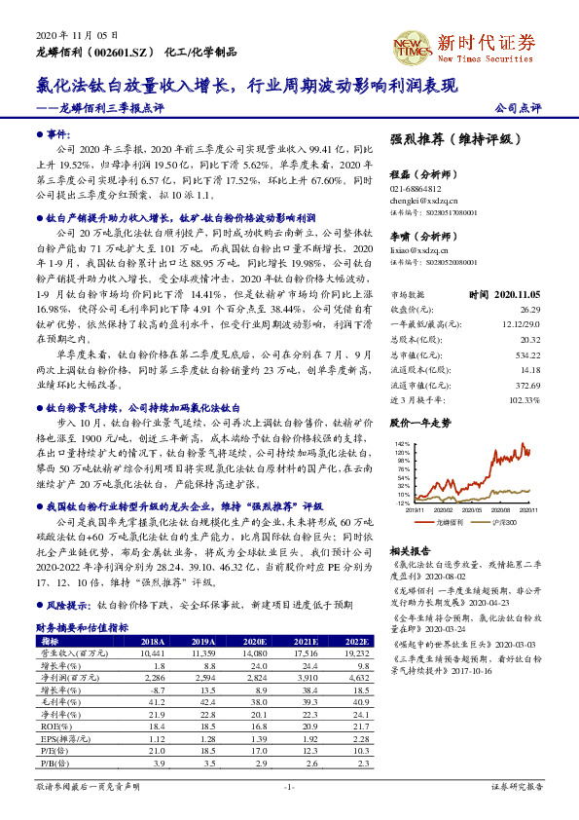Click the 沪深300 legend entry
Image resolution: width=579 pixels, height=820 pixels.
pyautogui.click(x=503, y=523)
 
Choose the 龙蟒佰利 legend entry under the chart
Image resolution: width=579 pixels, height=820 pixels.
pyautogui.click(x=449, y=523)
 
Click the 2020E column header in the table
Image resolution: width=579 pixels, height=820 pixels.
pyautogui.click(x=254, y=642)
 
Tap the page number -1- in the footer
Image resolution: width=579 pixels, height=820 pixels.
pyautogui.click(x=289, y=785)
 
